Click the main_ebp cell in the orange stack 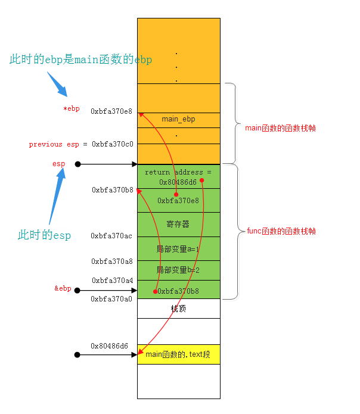click(178, 119)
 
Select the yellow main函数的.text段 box click(178, 354)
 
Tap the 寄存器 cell click(178, 224)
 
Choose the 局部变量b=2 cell click(178, 270)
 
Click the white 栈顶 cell click(178, 308)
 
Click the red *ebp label click(71, 108)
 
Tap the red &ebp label click(63, 288)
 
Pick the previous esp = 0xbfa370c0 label click(81, 144)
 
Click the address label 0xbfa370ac click(111, 236)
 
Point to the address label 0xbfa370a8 click(111, 261)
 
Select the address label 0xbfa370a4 click(112, 280)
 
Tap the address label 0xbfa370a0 click(111, 298)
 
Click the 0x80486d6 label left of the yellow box click(109, 345)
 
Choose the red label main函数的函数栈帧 click(280, 128)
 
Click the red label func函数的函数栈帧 click(281, 231)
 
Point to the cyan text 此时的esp click(44, 235)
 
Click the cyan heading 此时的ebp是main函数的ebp click(80, 60)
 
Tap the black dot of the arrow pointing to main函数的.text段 click(77, 354)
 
